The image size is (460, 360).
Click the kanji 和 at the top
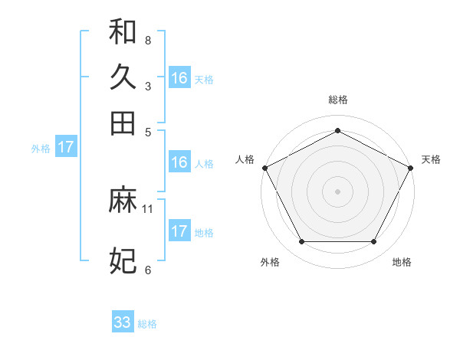tap(123, 32)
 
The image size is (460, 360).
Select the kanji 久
tap(123, 77)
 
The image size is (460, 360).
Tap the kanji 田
tap(123, 123)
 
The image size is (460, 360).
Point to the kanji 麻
tap(123, 201)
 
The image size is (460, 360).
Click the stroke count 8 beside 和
tap(147, 40)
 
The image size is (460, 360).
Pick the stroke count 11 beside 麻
tap(149, 208)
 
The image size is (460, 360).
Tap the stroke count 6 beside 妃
tap(147, 270)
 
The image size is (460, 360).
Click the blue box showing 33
tap(123, 322)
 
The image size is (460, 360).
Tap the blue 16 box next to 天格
tap(179, 77)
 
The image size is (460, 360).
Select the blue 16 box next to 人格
tap(179, 162)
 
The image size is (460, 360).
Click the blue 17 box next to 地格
tap(179, 231)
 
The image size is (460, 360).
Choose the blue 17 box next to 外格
tap(66, 147)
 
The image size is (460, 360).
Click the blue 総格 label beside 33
tap(147, 324)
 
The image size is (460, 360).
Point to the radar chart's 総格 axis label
tap(337, 100)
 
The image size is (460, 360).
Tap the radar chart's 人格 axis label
tap(245, 159)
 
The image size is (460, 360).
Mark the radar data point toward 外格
tap(301, 242)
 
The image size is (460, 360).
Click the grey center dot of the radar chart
tap(337, 191)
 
